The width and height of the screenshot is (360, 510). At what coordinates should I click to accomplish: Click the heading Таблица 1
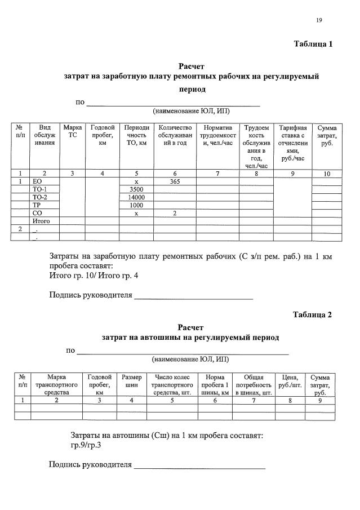[x=313, y=44]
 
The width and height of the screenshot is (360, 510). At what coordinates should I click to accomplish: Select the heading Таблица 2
[x=313, y=314]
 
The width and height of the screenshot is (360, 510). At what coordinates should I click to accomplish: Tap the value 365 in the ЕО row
[x=175, y=182]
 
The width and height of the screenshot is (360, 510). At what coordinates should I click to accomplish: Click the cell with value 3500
[x=137, y=190]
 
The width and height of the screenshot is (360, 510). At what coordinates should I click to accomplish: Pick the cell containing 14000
[x=137, y=198]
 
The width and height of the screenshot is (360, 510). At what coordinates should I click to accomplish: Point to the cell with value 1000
[x=137, y=206]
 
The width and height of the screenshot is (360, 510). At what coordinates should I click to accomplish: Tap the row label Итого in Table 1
[x=41, y=221]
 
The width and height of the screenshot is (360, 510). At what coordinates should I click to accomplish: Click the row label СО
[x=38, y=214]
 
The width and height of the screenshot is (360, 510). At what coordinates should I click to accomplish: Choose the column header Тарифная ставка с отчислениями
[x=292, y=143]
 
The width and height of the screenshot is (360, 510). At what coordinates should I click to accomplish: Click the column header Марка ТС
[x=72, y=131]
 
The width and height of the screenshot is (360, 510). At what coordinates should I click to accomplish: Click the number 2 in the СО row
[x=175, y=214]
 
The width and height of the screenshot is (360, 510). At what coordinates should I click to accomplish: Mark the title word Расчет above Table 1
[x=192, y=66]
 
